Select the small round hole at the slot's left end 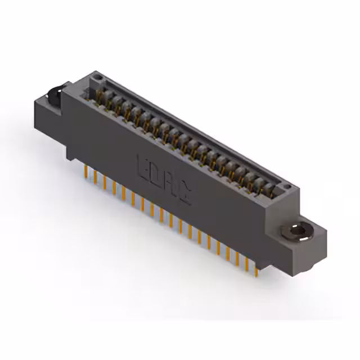point(97,75)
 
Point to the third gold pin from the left point(105,182)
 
